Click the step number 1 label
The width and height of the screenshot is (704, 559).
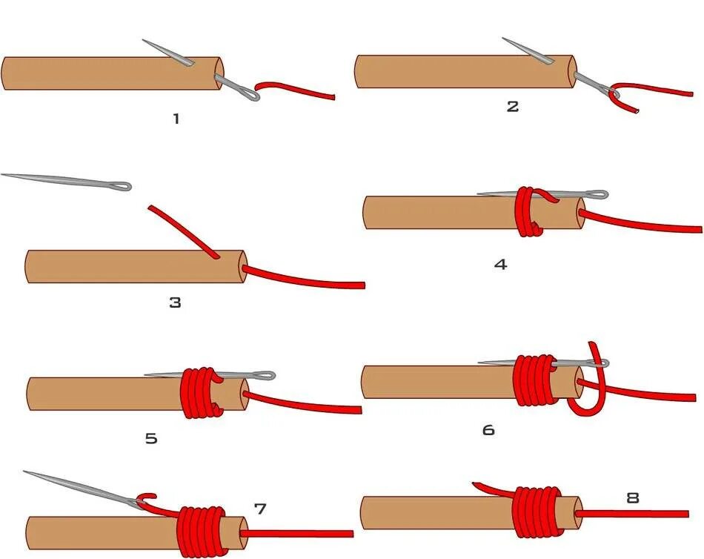[x=176, y=118]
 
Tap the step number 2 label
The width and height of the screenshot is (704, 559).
[x=512, y=106]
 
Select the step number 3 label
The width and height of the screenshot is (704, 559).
[x=175, y=302]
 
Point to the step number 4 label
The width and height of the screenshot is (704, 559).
[x=501, y=264]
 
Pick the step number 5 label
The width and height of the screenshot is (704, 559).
[x=151, y=438]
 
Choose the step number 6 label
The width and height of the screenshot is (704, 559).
[x=488, y=429]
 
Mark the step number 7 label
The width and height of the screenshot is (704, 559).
[x=260, y=509]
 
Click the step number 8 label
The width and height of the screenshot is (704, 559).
[x=632, y=497]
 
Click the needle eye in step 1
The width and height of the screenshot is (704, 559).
[x=250, y=93]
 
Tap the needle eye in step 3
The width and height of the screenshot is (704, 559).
[x=122, y=185]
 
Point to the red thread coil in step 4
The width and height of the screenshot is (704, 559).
[x=528, y=212]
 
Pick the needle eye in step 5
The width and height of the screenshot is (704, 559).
[x=266, y=376]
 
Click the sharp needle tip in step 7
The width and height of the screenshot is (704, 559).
[x=24, y=472]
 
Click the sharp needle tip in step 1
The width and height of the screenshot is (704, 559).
[x=144, y=41]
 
